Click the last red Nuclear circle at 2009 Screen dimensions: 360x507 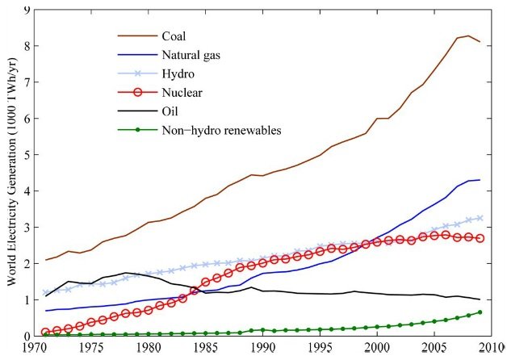pyautogui.click(x=480, y=238)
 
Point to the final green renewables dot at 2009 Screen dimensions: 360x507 pyautogui.click(x=480, y=312)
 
